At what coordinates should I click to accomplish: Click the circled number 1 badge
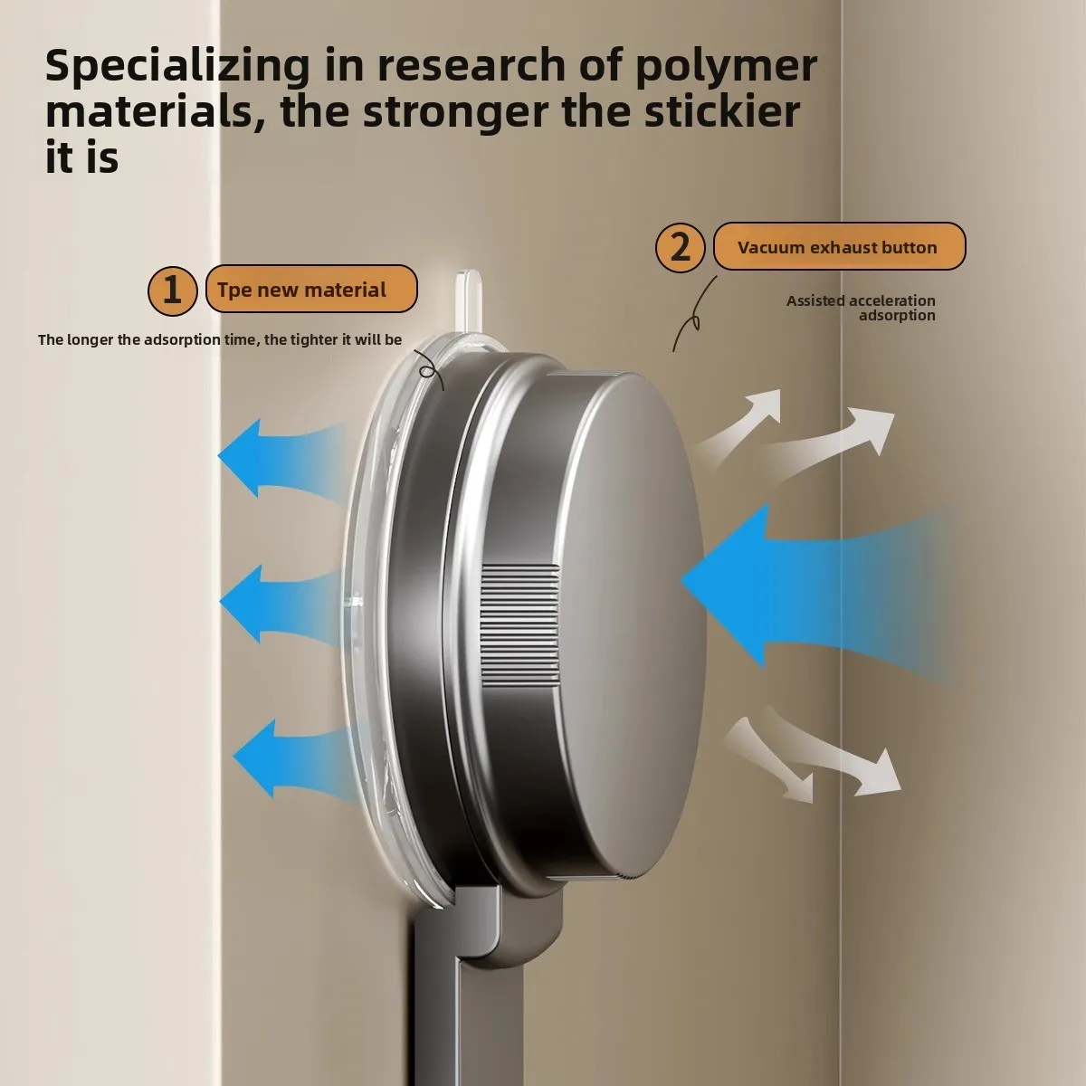point(172,291)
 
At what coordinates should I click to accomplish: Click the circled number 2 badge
point(680,247)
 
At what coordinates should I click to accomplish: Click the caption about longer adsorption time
point(220,340)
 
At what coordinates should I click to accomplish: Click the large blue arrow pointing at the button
point(769,584)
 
